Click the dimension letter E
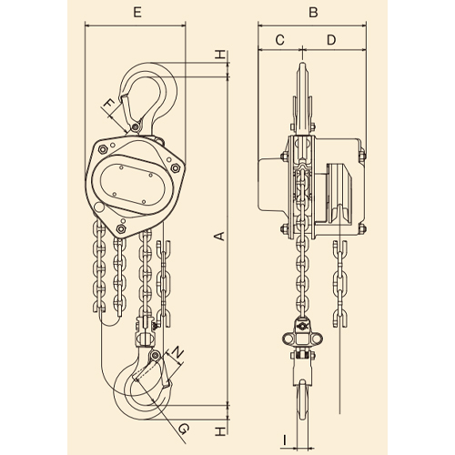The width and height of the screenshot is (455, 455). tap(137, 13)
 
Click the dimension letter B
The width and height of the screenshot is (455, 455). tap(313, 13)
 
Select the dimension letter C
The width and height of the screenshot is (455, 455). tap(279, 40)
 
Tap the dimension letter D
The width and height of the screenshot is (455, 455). tap(331, 40)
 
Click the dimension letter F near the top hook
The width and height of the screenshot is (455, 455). tap(109, 106)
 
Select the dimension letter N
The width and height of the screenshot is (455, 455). tap(178, 353)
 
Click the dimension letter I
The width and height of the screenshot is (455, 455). tap(284, 440)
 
